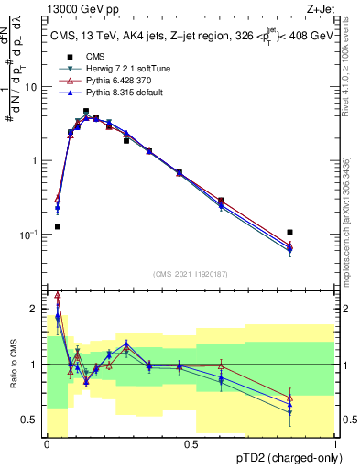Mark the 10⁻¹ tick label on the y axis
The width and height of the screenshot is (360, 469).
tap(30, 234)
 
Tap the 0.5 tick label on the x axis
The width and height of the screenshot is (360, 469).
tap(191, 444)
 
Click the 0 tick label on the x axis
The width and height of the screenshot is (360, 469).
tap(48, 444)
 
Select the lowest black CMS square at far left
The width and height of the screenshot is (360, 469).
tap(57, 226)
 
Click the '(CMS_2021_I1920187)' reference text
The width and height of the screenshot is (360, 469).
tap(191, 273)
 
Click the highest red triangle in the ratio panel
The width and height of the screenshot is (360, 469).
tap(58, 295)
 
